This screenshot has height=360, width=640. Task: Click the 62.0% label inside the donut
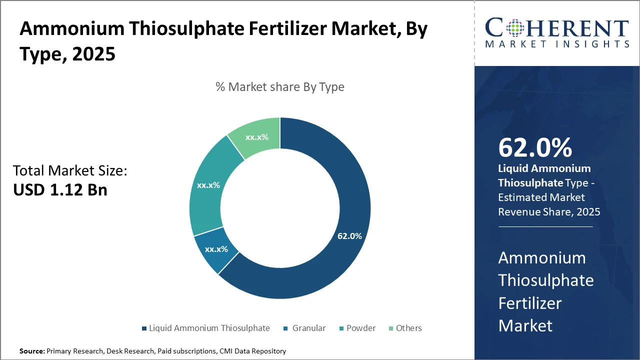pos(349,236)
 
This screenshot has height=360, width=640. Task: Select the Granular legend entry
pos(308,328)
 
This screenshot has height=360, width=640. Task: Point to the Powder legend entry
pos(361,328)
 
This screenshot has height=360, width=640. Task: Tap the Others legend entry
pos(408,328)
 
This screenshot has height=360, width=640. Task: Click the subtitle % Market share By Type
pos(280,86)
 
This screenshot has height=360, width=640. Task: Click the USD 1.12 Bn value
pos(60,190)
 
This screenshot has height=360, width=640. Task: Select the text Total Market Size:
pos(70,171)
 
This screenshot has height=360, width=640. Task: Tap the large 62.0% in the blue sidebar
pos(535,148)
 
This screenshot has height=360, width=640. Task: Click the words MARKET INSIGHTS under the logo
pos(557,44)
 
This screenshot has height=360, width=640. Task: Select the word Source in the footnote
pos(31,351)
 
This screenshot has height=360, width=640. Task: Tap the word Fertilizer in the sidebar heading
pos(530,303)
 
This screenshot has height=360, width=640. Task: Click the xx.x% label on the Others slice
pos(256,137)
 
